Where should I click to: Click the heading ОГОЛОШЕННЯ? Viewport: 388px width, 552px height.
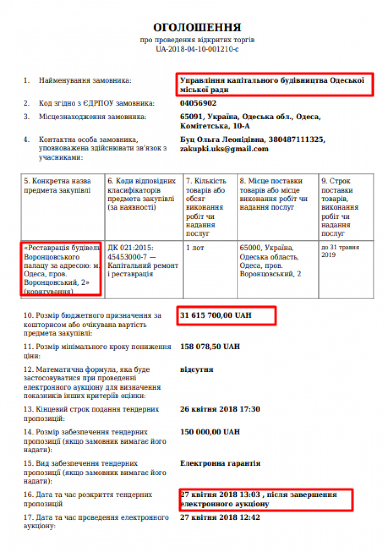pyautogui.click(x=197, y=28)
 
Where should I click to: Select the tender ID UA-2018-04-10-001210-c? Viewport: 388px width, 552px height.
pyautogui.click(x=197, y=49)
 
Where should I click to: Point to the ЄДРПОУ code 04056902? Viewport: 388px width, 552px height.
pyautogui.click(x=198, y=103)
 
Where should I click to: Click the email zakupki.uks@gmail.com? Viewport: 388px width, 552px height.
pyautogui.click(x=224, y=149)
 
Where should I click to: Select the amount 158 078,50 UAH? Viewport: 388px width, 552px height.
pyautogui.click(x=210, y=346)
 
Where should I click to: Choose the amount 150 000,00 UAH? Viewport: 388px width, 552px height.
pyautogui.click(x=210, y=432)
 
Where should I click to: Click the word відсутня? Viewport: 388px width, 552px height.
pyautogui.click(x=196, y=369)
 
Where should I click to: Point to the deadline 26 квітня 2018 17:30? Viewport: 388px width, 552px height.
pyautogui.click(x=220, y=409)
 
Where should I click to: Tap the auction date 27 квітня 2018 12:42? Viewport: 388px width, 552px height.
pyautogui.click(x=220, y=517)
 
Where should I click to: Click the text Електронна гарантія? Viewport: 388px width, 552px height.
pyautogui.click(x=220, y=463)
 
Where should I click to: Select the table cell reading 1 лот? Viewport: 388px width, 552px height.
pyautogui.click(x=195, y=248)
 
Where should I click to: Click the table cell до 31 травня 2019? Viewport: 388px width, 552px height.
pyautogui.click(x=340, y=251)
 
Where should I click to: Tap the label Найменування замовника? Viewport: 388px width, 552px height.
pyautogui.click(x=85, y=81)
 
